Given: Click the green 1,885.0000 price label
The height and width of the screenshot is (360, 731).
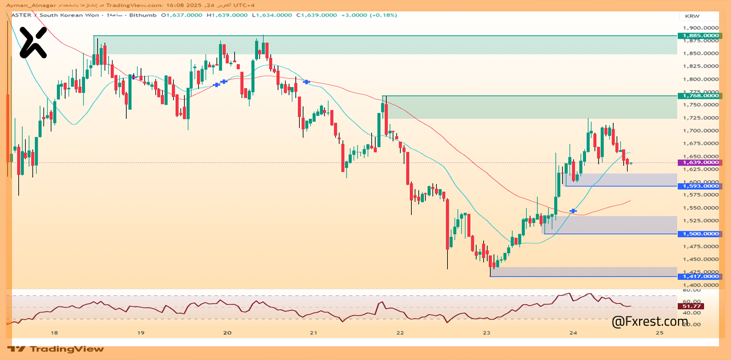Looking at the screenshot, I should [x=700, y=35].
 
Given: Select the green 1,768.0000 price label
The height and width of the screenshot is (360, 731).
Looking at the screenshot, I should [x=700, y=96].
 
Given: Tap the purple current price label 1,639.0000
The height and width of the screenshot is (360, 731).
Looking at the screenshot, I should [x=700, y=162].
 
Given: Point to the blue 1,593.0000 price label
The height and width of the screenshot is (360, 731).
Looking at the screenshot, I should [x=700, y=186].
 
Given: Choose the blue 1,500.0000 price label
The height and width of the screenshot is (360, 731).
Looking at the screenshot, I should [x=700, y=234].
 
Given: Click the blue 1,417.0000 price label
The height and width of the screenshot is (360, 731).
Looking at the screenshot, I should [x=700, y=277].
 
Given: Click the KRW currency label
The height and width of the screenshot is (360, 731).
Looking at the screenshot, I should [x=692, y=16].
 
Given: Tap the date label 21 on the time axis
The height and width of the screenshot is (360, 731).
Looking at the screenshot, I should [x=314, y=333].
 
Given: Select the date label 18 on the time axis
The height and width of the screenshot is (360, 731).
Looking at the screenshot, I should [x=54, y=333].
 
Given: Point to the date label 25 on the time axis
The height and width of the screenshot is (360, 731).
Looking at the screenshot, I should [x=660, y=333].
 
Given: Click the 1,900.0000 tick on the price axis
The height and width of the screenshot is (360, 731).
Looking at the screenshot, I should [x=700, y=27].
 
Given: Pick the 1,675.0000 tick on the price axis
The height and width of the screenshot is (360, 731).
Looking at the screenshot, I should [x=700, y=144].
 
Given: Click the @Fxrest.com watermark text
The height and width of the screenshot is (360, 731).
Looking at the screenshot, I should [x=649, y=322].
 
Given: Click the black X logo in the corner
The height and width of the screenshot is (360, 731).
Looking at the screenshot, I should [x=33, y=43].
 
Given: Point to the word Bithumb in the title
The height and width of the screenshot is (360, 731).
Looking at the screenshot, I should [x=142, y=15].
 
